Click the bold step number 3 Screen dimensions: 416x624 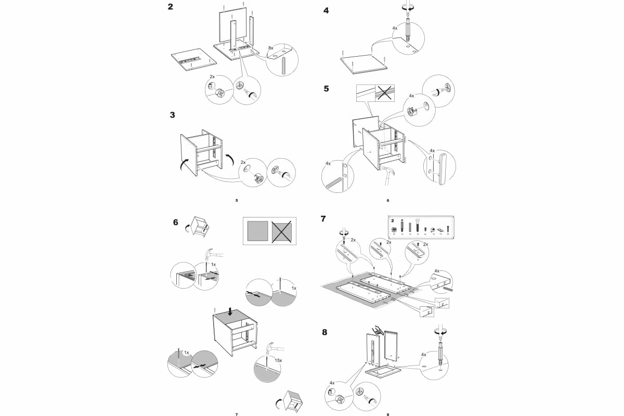click(x=172, y=115)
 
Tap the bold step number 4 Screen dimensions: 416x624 click(x=326, y=10)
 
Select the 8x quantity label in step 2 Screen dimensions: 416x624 click(x=271, y=47)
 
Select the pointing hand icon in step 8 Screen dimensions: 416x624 click(x=378, y=329)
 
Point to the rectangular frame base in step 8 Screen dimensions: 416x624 click(x=383, y=372)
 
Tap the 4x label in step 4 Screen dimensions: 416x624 click(x=395, y=28)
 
